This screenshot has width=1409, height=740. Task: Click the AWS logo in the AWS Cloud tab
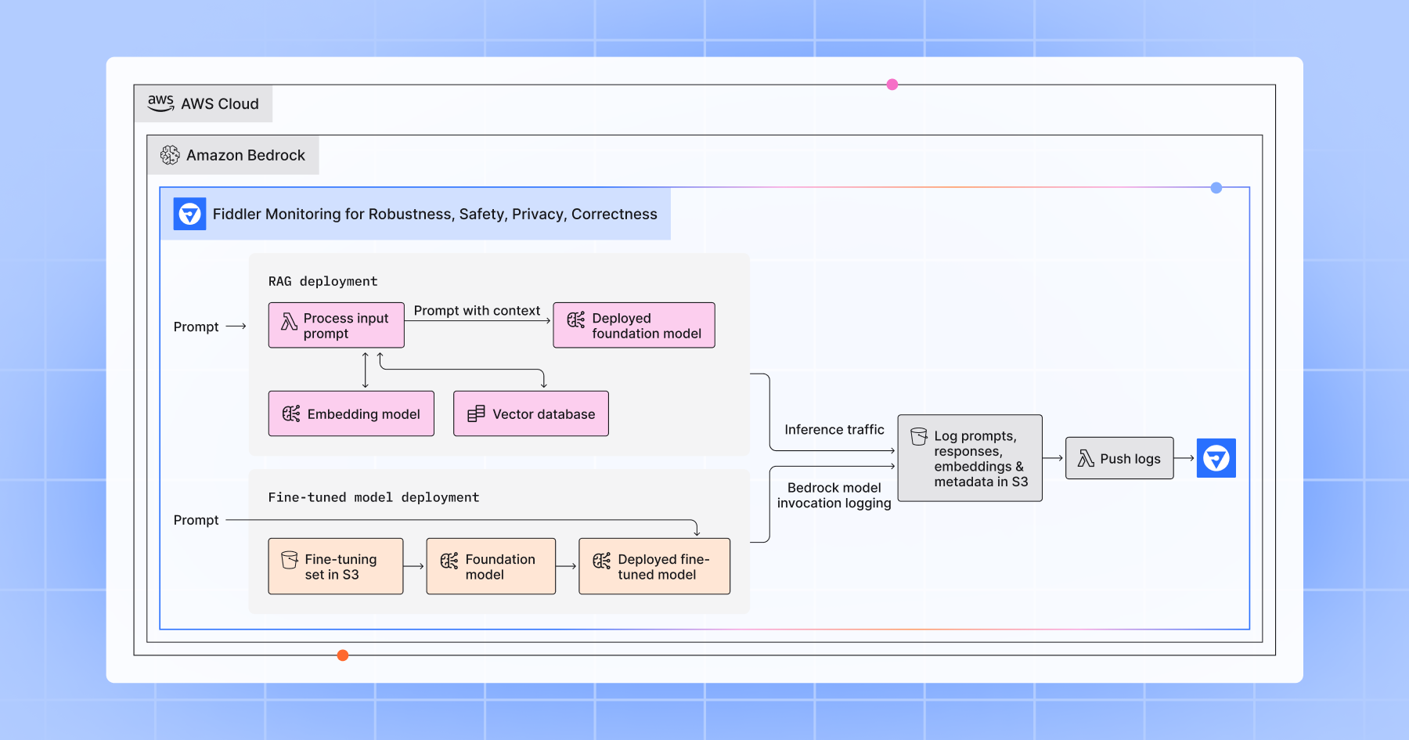(x=160, y=103)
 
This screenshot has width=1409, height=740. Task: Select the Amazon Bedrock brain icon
(x=170, y=155)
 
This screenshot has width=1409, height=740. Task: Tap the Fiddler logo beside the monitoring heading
(x=189, y=214)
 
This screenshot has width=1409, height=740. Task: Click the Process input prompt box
(x=336, y=325)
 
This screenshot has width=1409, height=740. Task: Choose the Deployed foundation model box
(x=633, y=325)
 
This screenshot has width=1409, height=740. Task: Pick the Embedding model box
(x=351, y=413)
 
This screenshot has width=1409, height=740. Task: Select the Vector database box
(x=531, y=413)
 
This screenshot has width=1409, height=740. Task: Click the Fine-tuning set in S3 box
(x=335, y=566)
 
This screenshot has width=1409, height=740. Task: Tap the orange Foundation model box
(x=491, y=566)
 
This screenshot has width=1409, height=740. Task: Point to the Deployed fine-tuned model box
(x=654, y=566)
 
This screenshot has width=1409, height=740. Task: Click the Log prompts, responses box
(x=969, y=458)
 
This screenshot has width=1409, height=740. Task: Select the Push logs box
(x=1119, y=458)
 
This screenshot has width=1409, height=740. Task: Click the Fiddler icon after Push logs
(x=1216, y=458)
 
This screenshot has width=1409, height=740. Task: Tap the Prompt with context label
(x=477, y=311)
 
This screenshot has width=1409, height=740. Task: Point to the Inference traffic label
(x=834, y=430)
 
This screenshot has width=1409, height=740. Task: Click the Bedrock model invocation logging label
(x=834, y=496)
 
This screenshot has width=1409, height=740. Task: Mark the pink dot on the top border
(x=892, y=85)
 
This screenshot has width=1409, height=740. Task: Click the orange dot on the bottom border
(x=343, y=655)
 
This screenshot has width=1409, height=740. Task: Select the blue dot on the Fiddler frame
(x=1216, y=188)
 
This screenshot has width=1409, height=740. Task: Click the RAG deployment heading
(x=323, y=281)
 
